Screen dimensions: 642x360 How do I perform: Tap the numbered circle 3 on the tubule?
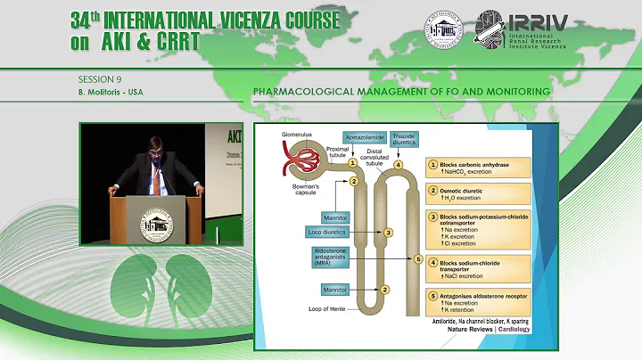pyautogui.click(x=388, y=232)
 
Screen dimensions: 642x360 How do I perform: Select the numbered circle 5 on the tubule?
pyautogui.click(x=419, y=258)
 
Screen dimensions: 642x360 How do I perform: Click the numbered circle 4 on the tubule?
pyautogui.click(x=399, y=165)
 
